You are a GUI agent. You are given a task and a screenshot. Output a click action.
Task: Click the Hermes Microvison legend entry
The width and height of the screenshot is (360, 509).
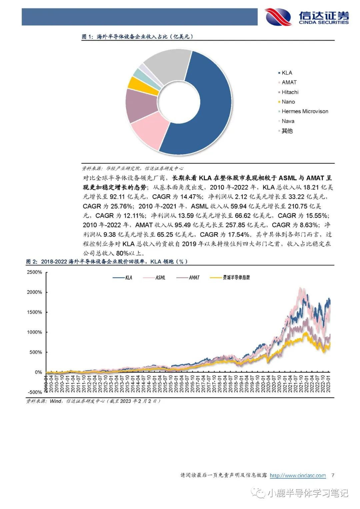click(305, 111)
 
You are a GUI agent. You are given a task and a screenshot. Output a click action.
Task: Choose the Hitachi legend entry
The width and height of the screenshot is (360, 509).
click(290, 92)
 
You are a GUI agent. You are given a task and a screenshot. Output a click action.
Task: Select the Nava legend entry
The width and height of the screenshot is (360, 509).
click(288, 121)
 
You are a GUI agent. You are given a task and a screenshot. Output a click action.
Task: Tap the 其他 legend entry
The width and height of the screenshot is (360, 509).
click(287, 131)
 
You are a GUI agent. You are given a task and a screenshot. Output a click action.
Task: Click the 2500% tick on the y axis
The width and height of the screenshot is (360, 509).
click(34, 272)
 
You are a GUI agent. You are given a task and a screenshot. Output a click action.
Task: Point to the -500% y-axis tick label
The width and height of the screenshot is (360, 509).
click(34, 392)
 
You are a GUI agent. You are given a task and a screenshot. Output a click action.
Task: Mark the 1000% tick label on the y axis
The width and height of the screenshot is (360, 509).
click(34, 332)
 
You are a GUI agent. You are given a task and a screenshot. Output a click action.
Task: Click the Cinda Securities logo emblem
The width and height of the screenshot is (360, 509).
click(278, 17)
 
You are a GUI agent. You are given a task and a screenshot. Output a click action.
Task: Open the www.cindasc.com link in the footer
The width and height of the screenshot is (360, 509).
click(298, 475)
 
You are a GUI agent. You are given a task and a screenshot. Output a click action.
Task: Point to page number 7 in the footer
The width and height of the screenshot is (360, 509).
click(333, 475)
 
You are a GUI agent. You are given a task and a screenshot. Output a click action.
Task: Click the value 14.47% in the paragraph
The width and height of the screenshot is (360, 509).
click(191, 197)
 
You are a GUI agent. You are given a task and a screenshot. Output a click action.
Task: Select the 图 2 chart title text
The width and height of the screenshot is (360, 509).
click(107, 262)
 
